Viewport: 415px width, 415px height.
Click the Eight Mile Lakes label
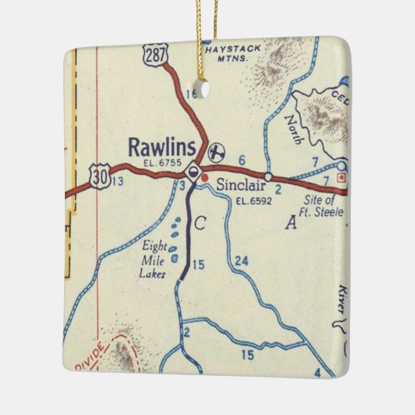click(x=155, y=258)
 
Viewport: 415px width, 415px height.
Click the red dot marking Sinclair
click(x=205, y=178)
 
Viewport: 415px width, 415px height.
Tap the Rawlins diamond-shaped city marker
click(x=194, y=170)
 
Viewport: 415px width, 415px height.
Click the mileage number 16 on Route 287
click(x=192, y=95)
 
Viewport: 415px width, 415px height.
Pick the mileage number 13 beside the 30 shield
click(x=117, y=182)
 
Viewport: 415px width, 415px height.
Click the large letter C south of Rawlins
click(x=200, y=224)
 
